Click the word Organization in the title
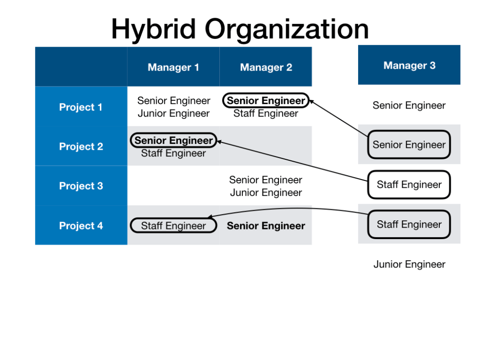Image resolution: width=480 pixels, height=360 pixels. point(287,29)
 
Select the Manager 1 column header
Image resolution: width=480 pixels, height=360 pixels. point(173,67)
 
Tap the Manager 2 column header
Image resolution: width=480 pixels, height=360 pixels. point(266,67)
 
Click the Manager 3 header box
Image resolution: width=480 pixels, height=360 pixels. point(409,65)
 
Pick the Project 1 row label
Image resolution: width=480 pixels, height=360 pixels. point(81,107)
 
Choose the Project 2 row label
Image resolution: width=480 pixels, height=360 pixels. point(81,146)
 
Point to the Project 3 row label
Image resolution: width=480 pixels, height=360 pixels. point(81,186)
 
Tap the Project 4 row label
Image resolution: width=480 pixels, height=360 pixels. point(81,226)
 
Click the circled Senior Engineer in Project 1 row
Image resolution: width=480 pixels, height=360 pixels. point(266,101)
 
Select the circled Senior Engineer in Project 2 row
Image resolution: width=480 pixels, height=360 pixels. point(173,141)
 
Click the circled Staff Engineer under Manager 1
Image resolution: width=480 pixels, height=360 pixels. point(173,226)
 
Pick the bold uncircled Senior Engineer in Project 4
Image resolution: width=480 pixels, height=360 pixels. point(266,226)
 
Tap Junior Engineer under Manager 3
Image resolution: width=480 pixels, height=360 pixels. point(409,264)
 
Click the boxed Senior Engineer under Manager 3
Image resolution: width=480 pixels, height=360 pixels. point(409,144)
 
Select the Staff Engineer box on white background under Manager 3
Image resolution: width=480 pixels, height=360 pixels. point(409,184)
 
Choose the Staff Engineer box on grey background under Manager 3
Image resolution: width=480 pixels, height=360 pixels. point(409,224)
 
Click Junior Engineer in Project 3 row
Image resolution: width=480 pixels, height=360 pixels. point(266,192)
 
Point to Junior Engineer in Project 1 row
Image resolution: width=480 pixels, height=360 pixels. point(173,113)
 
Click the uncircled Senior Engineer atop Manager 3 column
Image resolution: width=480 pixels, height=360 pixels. point(409,105)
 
